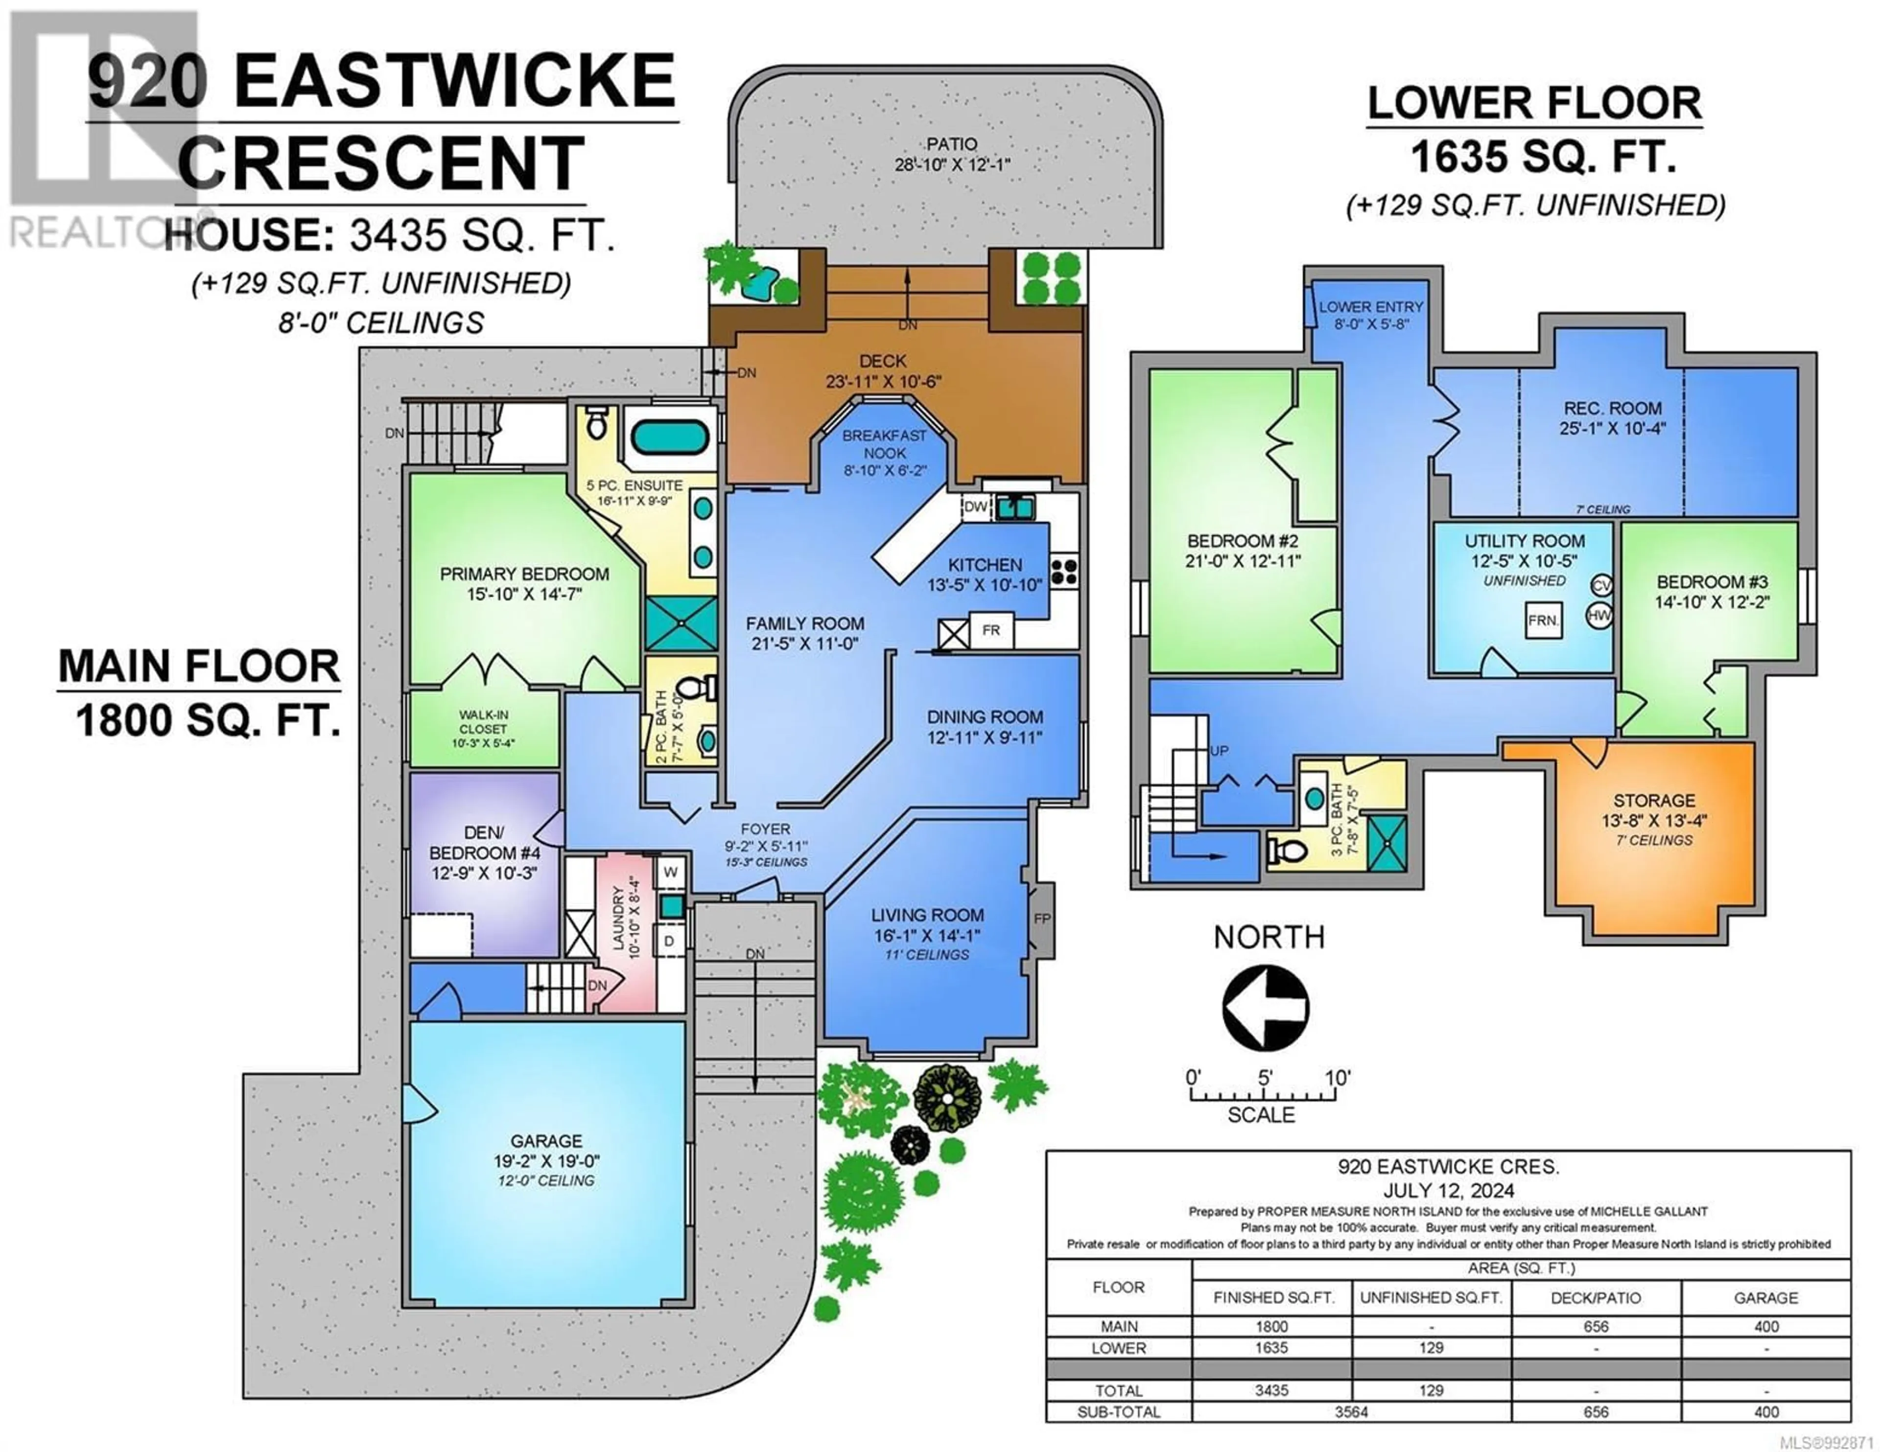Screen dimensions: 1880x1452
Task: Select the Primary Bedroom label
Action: (x=524, y=574)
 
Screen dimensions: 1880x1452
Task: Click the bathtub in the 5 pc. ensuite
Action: (x=671, y=437)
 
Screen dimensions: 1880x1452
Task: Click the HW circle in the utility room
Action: (x=1599, y=616)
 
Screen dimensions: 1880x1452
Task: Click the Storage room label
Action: (x=1654, y=801)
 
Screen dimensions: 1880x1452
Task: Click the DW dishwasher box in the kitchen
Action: (x=975, y=507)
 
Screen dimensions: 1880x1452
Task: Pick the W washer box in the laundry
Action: (x=671, y=872)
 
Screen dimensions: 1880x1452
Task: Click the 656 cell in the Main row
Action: (x=1596, y=1326)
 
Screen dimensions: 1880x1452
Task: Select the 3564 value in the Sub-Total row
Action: (x=1351, y=1411)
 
